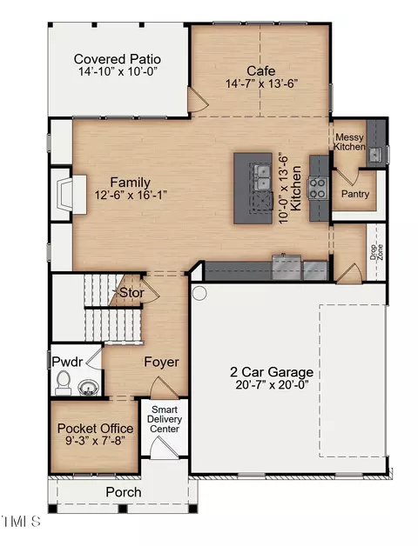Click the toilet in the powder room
pos(63,383)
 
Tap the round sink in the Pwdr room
pos(88,388)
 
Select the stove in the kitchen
pos(318,188)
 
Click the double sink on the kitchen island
pos(263,178)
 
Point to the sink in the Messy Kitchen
pos(375,154)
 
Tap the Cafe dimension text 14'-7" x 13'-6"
pos(261,84)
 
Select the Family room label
pos(130,182)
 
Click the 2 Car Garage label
pos(272,372)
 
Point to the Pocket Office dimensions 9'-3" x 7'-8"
pos(95,441)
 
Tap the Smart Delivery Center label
pos(165,419)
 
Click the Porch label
pos(124,492)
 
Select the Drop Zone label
pos(376,252)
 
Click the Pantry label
pos(354,194)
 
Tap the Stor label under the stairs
pos(131,292)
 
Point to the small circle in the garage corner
pos(199,293)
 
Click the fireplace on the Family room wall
pos(70,194)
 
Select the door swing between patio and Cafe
pos(197,100)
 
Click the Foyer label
pos(161,362)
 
